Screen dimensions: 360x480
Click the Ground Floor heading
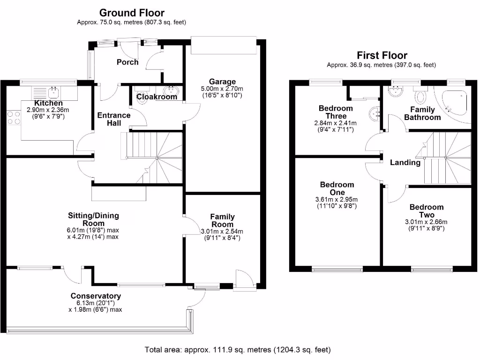pyautogui.click(x=132, y=13)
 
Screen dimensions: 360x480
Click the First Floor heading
pyautogui.click(x=382, y=55)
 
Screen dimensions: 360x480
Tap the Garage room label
pyautogui.click(x=222, y=82)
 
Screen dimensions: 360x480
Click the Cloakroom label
pyautogui.click(x=157, y=97)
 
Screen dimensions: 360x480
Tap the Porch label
pyautogui.click(x=127, y=62)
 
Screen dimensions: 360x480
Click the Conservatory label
pyautogui.click(x=96, y=296)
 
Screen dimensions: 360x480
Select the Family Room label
pyautogui.click(x=222, y=220)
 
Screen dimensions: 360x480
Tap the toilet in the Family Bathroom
pyautogui.click(x=421, y=97)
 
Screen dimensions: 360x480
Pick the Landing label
pyautogui.click(x=405, y=163)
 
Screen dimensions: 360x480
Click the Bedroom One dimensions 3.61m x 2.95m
pyautogui.click(x=337, y=199)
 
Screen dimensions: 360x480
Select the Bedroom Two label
pyautogui.click(x=426, y=211)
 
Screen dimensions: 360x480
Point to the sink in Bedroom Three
pyautogui.click(x=374, y=113)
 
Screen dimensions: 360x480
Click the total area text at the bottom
pyautogui.click(x=238, y=350)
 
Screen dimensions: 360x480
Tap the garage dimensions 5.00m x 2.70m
pyautogui.click(x=222, y=89)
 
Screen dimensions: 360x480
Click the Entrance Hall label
pyautogui.click(x=113, y=119)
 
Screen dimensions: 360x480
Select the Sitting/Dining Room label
pyautogui.click(x=93, y=219)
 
